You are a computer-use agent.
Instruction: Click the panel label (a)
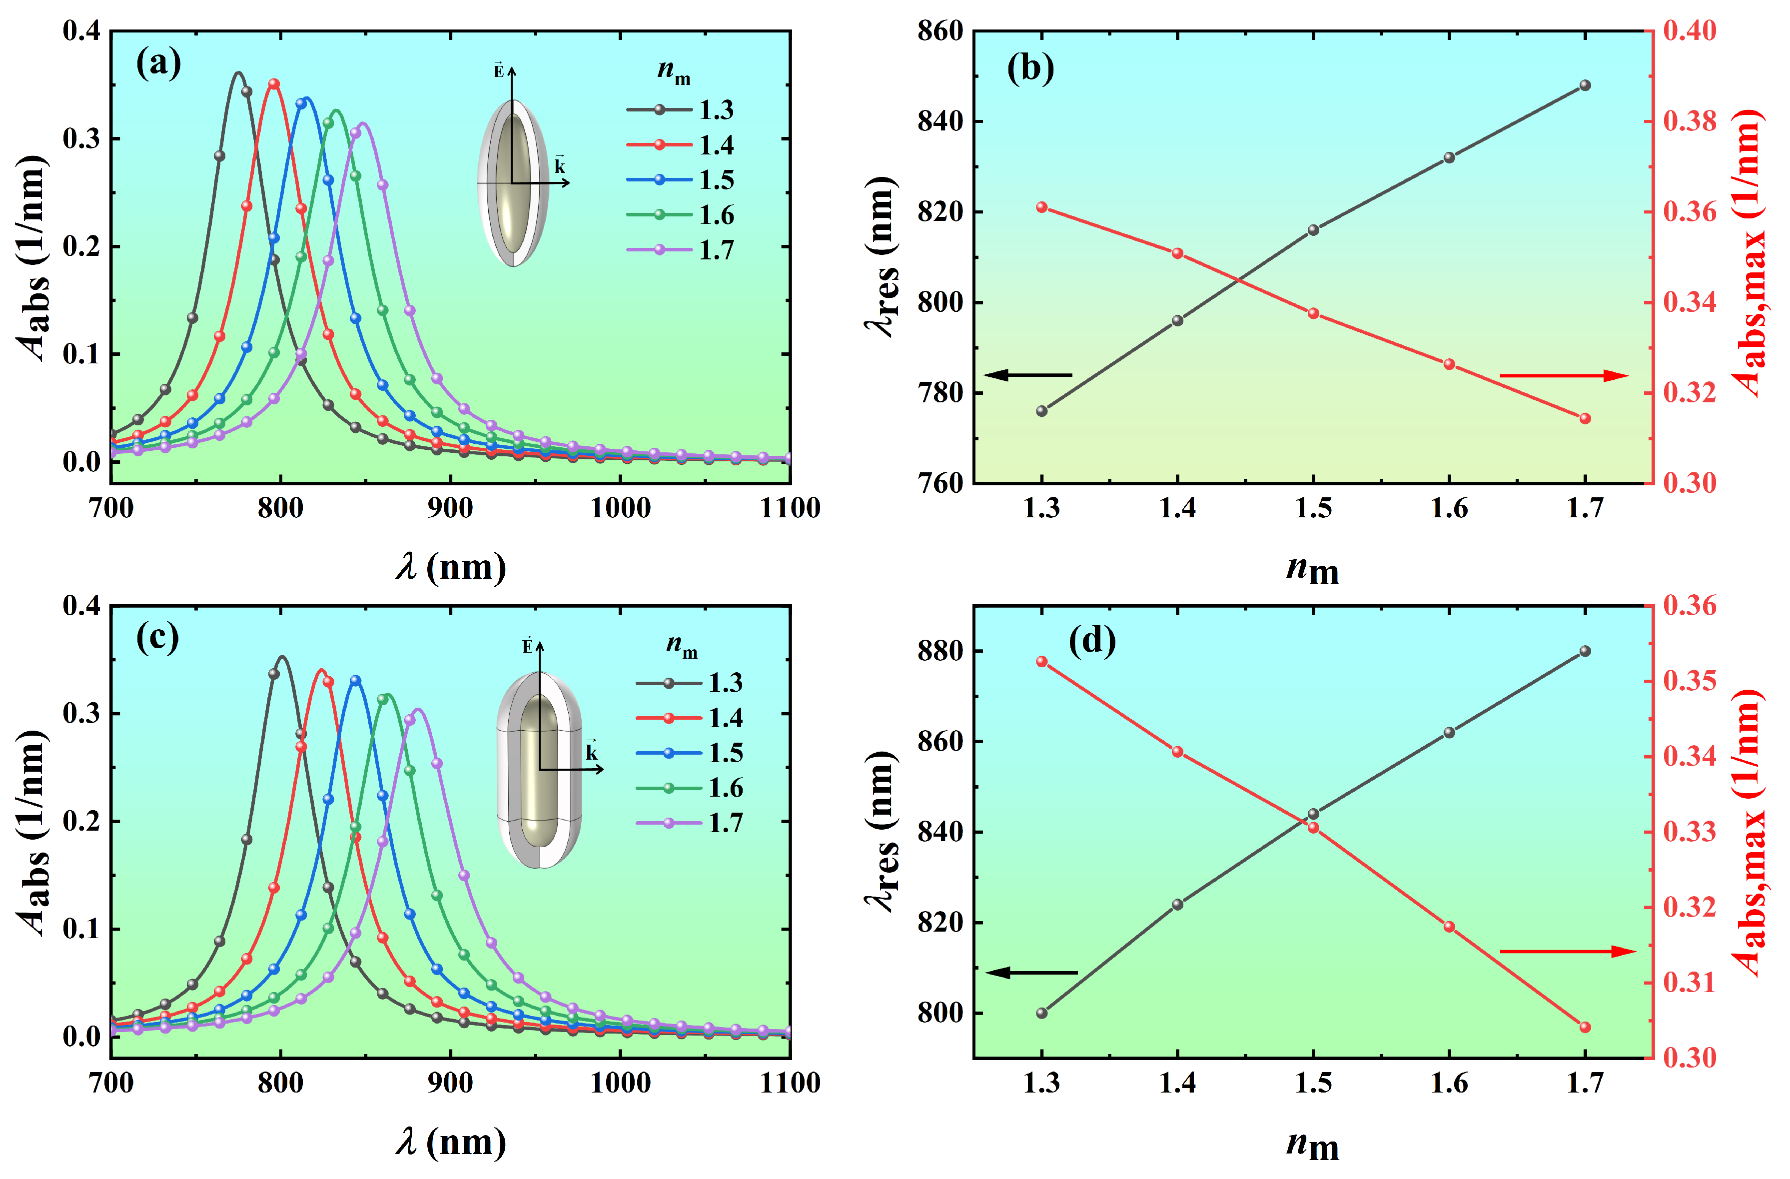158,63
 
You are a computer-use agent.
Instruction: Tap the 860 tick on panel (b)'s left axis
939,31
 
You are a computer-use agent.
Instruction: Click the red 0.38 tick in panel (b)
1689,121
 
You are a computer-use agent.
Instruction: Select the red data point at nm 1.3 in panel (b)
1041,207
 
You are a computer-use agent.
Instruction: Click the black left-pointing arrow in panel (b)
1026,375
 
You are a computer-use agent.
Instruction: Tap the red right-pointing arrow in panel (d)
1568,952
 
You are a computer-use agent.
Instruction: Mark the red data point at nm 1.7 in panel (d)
1585,1028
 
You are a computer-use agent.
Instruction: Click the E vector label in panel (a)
499,71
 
